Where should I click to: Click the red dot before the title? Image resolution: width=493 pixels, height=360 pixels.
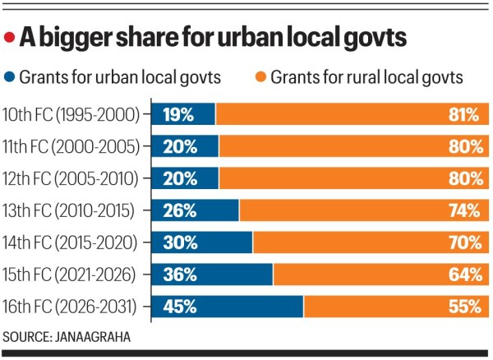10,38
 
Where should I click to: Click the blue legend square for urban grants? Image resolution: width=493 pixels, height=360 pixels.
11,77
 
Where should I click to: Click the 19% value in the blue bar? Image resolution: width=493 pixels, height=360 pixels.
178,114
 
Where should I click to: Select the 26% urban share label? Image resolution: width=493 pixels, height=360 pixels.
179,210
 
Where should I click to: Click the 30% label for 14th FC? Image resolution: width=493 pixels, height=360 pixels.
180,242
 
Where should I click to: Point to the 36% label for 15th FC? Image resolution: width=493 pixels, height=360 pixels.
180,275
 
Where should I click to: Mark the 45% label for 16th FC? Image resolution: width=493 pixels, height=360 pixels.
180,307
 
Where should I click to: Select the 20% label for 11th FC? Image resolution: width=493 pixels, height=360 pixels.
180,146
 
